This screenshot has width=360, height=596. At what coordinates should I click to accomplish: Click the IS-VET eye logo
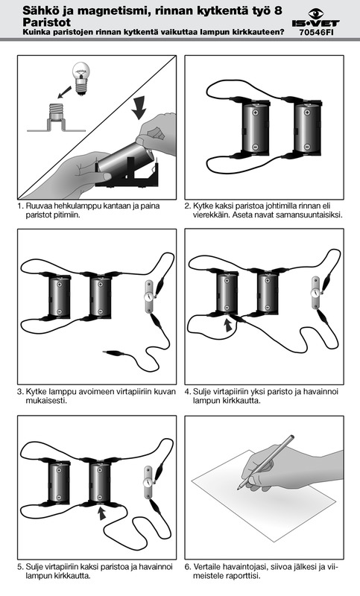coord(315,14)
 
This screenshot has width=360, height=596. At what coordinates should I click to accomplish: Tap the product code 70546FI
coord(316,32)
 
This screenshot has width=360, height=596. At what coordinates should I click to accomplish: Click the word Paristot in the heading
coord(47,22)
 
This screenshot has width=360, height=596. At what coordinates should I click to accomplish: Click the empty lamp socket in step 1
coord(56,118)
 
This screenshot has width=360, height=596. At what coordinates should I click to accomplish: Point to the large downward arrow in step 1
coord(139,107)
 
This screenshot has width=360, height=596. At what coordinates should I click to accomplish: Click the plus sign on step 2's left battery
coord(256,112)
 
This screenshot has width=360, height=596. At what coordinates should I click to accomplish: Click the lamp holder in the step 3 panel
coord(149,297)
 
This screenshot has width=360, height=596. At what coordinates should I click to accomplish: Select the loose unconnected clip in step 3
coord(114,353)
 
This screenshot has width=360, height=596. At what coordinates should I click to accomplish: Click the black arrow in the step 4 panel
coord(228,325)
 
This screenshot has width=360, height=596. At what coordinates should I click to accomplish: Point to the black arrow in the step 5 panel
coord(101,513)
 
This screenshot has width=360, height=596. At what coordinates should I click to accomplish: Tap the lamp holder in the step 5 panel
coord(148,482)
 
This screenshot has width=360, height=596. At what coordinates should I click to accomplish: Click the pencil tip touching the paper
coord(239,489)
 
